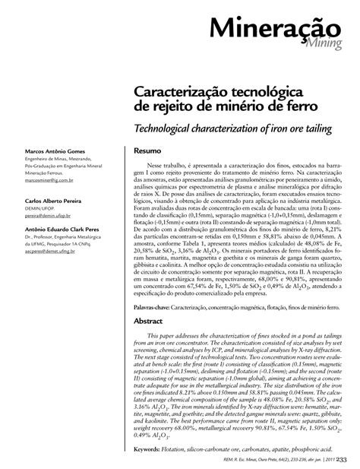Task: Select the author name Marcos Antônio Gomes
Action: (x=51, y=148)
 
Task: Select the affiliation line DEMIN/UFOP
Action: (x=40, y=208)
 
